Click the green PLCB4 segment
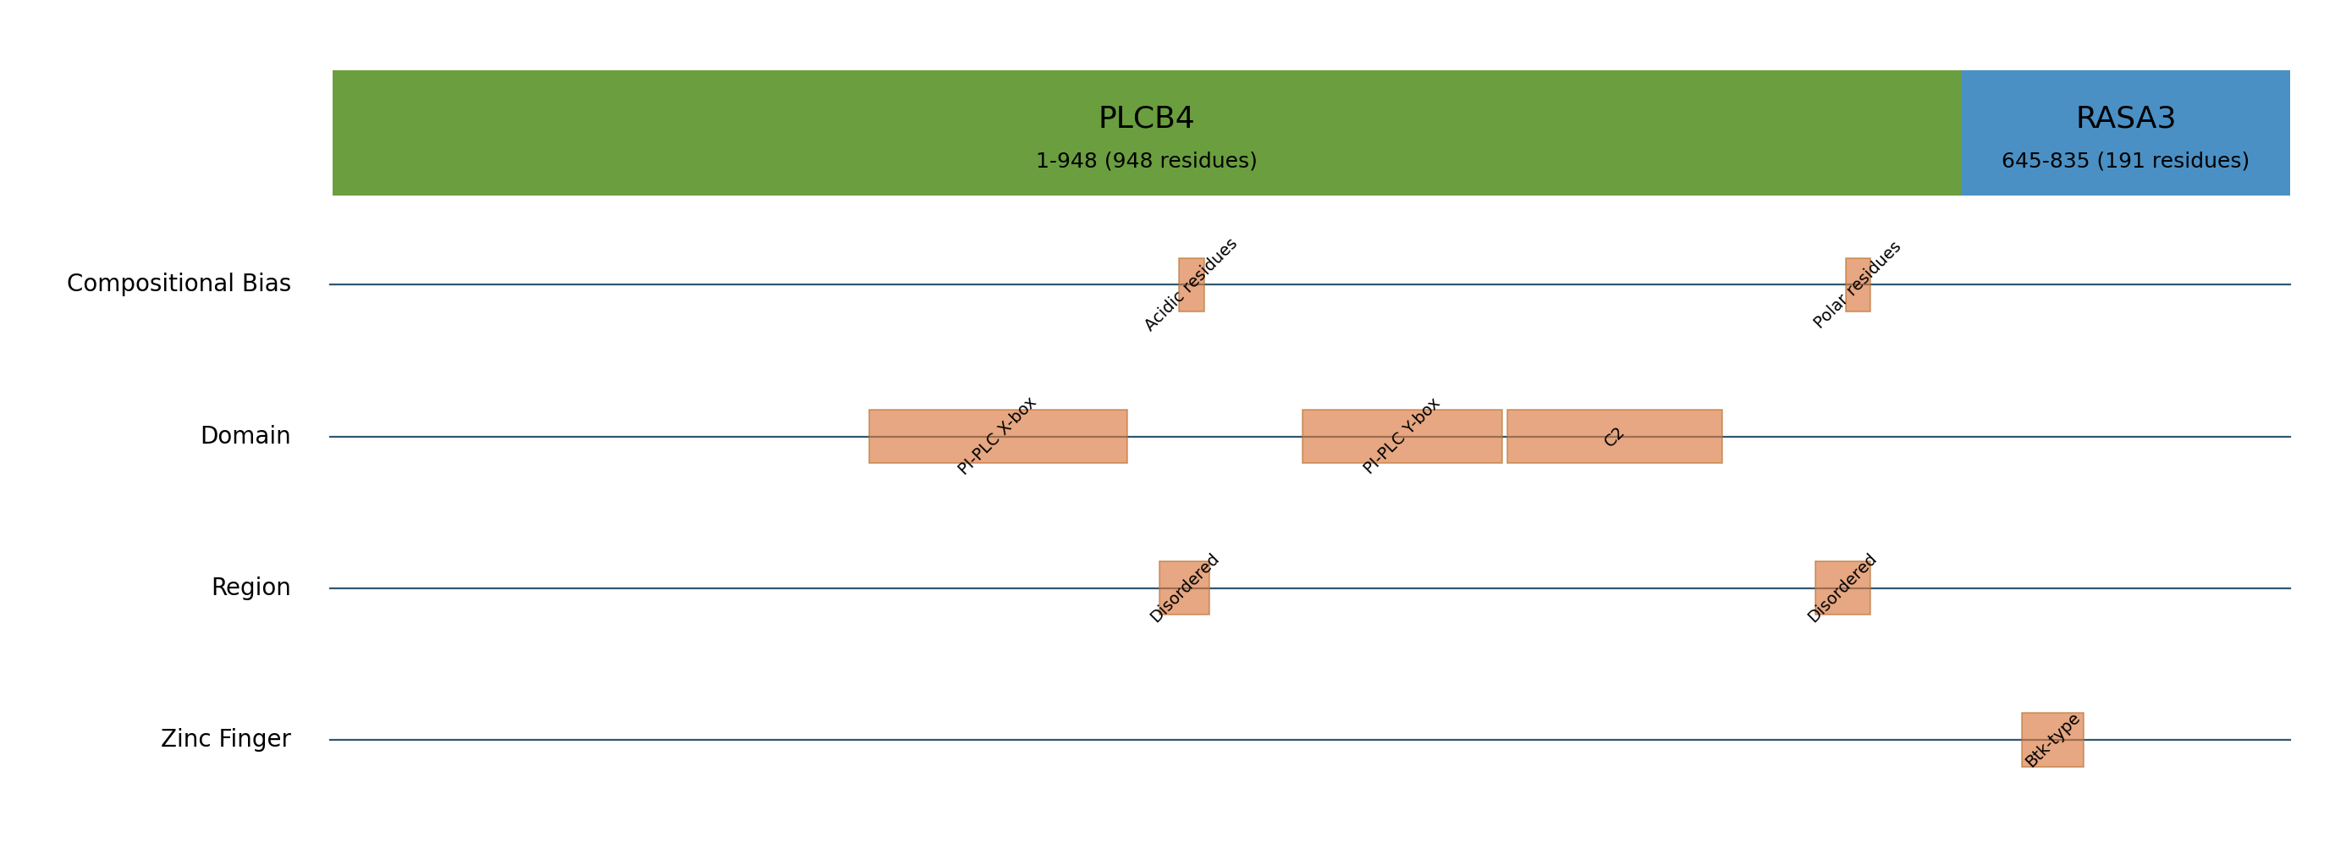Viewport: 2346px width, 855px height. [1147, 133]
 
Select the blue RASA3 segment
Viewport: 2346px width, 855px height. [2126, 133]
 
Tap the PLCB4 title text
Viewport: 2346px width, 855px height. [1146, 119]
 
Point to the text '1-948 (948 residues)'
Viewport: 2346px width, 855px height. [1146, 161]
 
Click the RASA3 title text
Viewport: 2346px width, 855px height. [2126, 119]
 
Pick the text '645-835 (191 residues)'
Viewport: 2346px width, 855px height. [2126, 161]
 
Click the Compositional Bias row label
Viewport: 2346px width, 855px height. [179, 284]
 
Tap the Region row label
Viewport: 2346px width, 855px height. [251, 588]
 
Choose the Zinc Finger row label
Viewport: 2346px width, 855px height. [226, 739]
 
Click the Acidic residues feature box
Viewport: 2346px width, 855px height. [1192, 285]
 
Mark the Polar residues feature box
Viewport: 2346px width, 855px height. [1858, 285]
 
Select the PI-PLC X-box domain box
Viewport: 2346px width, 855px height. [998, 436]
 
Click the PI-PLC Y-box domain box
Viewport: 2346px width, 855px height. [1402, 436]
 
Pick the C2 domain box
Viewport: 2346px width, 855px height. [1615, 436]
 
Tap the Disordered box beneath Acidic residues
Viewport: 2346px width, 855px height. [1184, 588]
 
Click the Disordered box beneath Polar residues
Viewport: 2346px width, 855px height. [1842, 588]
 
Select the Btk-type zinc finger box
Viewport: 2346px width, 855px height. [2053, 740]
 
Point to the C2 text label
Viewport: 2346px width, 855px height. [1614, 437]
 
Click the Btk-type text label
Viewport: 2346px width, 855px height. [2053, 740]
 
